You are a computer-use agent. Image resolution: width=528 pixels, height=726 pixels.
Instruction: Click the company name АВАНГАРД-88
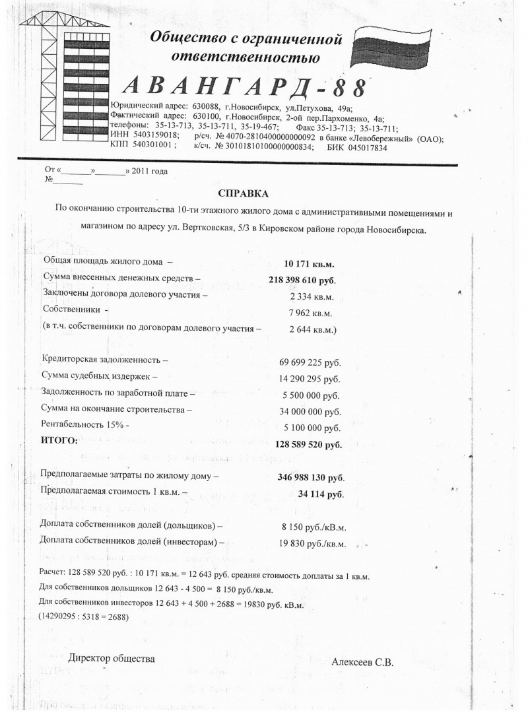coord(245,88)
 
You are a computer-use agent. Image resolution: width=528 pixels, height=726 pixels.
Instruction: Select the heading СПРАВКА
coord(244,193)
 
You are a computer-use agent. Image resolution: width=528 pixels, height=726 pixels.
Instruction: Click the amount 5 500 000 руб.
coord(310,395)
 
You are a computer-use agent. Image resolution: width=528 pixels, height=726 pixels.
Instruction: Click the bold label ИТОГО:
coord(59,440)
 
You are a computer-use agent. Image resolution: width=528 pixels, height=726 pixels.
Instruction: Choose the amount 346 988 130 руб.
coord(307,477)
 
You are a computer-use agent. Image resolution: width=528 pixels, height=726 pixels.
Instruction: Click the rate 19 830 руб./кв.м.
coord(313,544)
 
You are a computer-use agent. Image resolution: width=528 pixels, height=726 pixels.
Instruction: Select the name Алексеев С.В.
coord(362,663)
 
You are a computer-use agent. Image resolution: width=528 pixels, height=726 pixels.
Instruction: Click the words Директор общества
coord(112,658)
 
